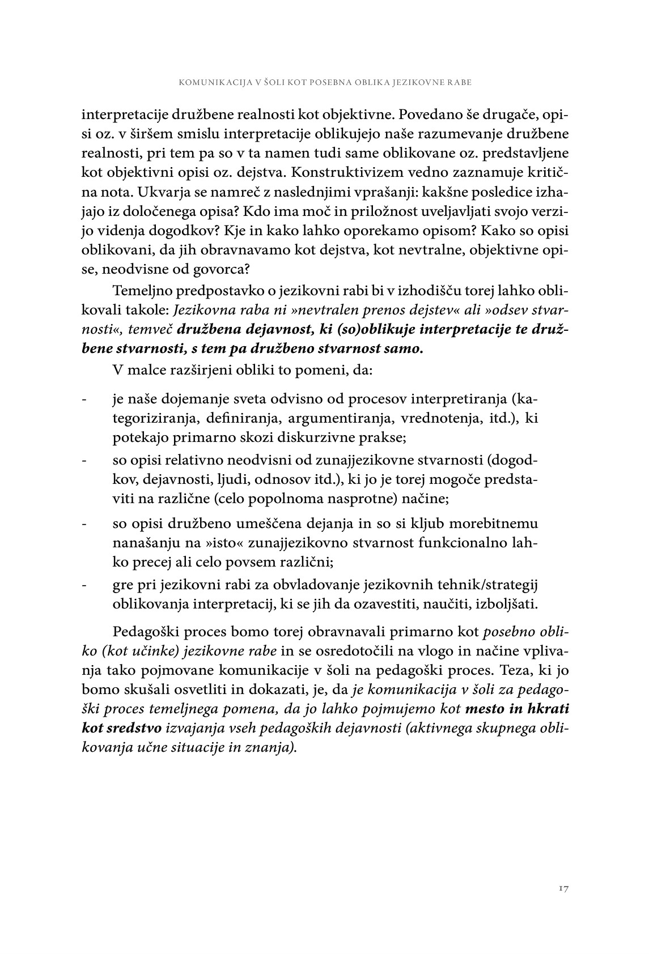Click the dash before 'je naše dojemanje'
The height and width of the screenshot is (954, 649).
click(x=84, y=400)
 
